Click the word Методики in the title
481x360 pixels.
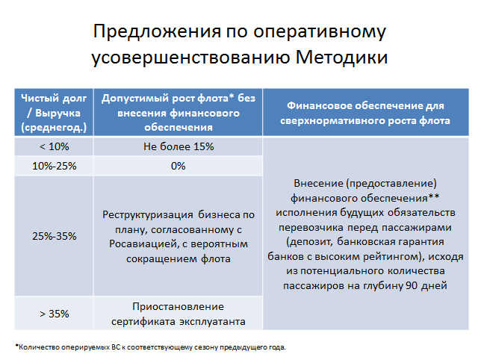[x=341, y=58]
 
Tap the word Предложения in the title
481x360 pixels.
[x=157, y=31]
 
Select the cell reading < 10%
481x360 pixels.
[x=55, y=146]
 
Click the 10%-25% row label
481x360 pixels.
[x=55, y=166]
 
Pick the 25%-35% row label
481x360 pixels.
[x=55, y=236]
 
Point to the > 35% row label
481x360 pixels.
[x=55, y=314]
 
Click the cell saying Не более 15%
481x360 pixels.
[x=179, y=146]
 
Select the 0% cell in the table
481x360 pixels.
[x=179, y=166]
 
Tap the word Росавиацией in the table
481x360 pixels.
[x=144, y=244]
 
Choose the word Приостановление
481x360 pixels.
[x=179, y=307]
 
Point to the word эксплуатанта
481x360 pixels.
[x=212, y=322]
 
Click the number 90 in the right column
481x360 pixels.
[x=412, y=286]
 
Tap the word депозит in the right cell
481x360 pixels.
[x=310, y=242]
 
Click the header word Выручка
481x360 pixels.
[x=58, y=113]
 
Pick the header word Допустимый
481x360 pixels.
[x=134, y=99]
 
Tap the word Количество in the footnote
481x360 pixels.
[x=39, y=347]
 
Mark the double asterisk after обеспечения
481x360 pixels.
[x=434, y=197]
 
